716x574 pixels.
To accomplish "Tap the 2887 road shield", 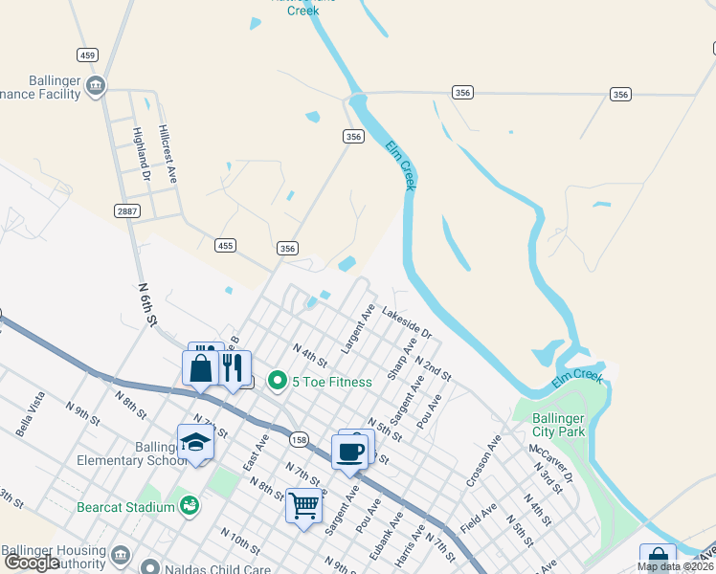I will click(x=125, y=210).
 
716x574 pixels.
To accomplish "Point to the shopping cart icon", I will click(x=303, y=504).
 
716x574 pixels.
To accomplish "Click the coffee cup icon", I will click(x=349, y=451).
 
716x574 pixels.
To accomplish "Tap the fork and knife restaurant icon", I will click(x=233, y=367).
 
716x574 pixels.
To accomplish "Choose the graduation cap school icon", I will click(x=195, y=443).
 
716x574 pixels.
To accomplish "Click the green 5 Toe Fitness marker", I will click(x=278, y=382).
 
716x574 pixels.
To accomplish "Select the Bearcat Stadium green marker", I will click(x=190, y=503).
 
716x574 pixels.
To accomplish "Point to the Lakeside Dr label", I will click(x=407, y=323).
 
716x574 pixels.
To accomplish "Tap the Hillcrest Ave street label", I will click(x=168, y=153).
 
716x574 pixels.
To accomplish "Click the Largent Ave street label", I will click(x=356, y=328).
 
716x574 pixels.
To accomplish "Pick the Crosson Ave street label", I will click(x=482, y=462).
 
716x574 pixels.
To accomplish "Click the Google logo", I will click(x=32, y=563).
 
